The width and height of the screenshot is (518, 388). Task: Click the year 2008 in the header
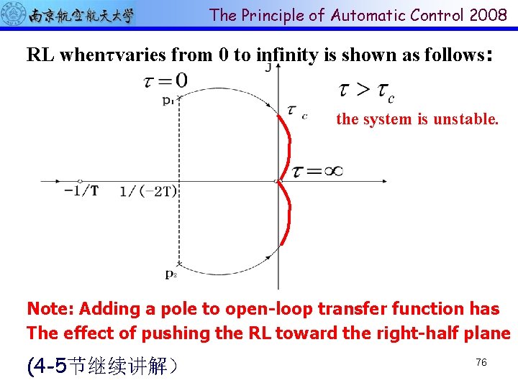point(488,15)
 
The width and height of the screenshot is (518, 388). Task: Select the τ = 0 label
point(166,81)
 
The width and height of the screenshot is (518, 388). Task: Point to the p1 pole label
point(168,101)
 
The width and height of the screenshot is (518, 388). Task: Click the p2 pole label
point(171,274)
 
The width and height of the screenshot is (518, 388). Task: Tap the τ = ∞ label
point(317,171)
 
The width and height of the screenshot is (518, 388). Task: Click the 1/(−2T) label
point(148,191)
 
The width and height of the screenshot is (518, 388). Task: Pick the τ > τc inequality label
point(365,91)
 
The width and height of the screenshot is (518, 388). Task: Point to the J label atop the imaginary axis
point(268,68)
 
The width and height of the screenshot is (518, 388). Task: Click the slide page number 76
point(481,363)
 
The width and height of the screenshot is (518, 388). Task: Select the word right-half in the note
point(419,333)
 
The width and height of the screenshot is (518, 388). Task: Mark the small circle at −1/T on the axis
point(80,180)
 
